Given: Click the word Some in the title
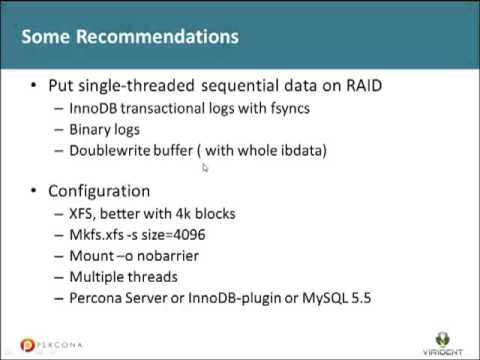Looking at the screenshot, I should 47,37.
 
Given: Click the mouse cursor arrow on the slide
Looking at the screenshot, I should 205,168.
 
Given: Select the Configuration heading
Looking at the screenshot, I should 101,191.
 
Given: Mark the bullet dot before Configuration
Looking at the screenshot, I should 37,191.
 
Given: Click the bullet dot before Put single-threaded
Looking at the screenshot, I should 37,85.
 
